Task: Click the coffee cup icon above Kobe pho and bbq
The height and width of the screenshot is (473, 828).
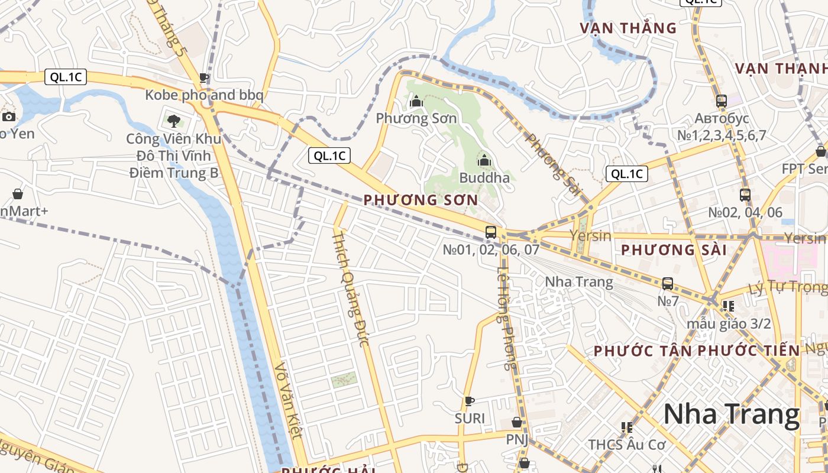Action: [x=204, y=77]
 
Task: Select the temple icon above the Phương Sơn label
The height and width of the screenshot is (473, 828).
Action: [x=416, y=101]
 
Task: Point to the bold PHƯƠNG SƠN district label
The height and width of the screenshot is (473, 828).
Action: [x=421, y=200]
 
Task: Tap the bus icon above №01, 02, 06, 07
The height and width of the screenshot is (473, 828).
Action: [x=491, y=232]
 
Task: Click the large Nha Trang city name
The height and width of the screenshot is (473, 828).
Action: [x=731, y=414]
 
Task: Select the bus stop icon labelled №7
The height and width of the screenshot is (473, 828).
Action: [x=668, y=284]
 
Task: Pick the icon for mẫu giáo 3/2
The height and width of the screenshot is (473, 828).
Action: [x=728, y=306]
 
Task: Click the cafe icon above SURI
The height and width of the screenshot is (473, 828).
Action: [x=470, y=401]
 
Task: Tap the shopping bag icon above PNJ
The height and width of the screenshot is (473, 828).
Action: [x=517, y=422]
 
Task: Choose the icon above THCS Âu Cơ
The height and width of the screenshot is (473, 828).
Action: [x=627, y=427]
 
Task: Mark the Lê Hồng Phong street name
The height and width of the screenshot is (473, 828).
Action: [x=507, y=318]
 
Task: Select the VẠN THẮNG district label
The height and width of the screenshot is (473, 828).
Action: [x=628, y=28]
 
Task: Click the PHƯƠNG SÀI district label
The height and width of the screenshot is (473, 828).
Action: [x=674, y=250]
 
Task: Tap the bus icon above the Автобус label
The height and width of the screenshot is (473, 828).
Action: [x=721, y=101]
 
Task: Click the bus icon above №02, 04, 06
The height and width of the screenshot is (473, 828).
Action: [x=745, y=195]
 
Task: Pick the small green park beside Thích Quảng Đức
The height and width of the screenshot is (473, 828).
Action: [x=344, y=380]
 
